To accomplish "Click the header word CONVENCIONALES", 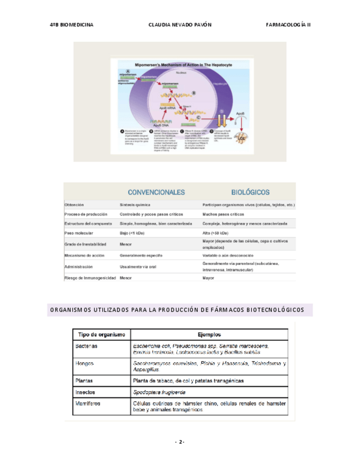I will tap(156, 192).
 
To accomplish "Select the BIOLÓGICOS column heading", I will tap(250, 192).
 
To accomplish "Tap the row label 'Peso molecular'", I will tap(79, 233).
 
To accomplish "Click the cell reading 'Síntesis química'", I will tap(136, 204).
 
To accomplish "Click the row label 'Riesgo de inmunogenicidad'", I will tap(90, 278).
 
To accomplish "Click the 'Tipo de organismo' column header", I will tap(102, 334).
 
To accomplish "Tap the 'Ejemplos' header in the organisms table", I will tap(209, 334).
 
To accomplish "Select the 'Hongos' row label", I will tap(86, 363).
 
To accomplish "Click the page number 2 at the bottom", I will tap(180, 441).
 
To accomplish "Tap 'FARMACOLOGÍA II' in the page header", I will tap(288, 25).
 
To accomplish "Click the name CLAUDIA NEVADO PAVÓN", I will tap(180, 25).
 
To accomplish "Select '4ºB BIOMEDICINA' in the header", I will tap(71, 25).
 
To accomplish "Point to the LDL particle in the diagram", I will tap(242, 137).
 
